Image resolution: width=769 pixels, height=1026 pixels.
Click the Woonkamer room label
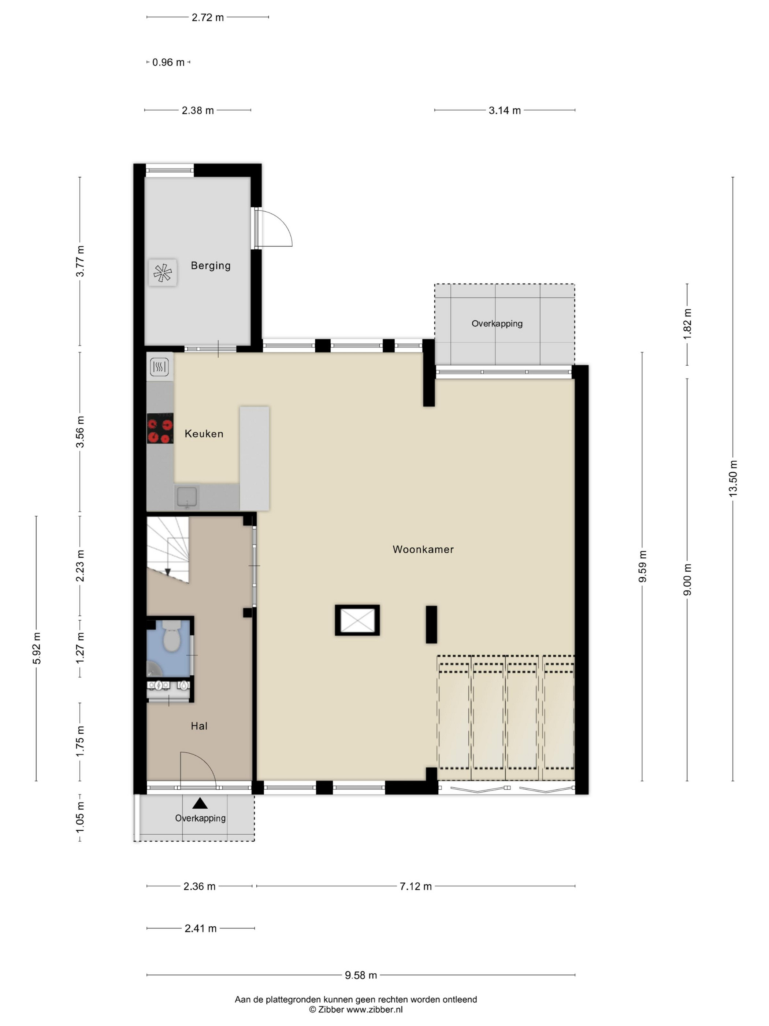tap(423, 549)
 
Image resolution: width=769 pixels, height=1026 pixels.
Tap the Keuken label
tap(204, 434)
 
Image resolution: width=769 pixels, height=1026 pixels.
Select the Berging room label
tap(211, 266)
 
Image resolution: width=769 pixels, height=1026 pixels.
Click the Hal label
tap(199, 726)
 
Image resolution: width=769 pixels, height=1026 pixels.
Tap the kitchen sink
tap(187, 497)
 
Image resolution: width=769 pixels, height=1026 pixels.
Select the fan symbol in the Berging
tap(163, 273)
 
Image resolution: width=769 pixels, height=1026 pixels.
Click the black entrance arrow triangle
tap(200, 803)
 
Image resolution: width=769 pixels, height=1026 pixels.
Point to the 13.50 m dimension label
tap(732, 478)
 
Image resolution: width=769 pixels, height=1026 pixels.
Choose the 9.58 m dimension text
tap(361, 975)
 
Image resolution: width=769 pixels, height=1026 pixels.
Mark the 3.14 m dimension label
tap(505, 110)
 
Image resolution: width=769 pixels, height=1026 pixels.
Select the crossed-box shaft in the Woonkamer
tap(357, 620)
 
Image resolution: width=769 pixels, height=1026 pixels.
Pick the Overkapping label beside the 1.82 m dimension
tap(497, 324)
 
